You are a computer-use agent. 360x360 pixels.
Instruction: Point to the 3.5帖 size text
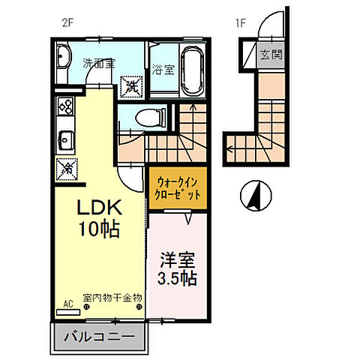178,279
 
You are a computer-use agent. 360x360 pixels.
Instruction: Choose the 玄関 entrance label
270,55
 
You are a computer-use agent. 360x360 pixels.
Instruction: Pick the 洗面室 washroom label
98,64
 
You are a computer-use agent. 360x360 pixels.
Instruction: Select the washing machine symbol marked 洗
131,85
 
